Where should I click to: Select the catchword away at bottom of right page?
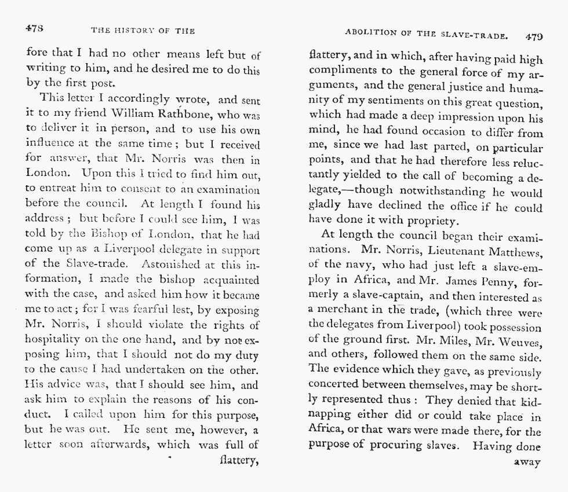click(x=527, y=462)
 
